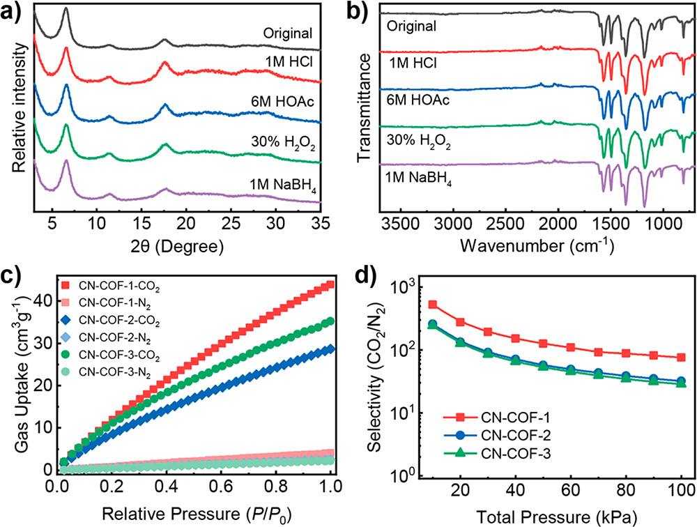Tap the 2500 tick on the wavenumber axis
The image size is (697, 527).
click(504, 223)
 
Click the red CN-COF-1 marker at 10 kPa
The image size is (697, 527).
click(432, 305)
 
